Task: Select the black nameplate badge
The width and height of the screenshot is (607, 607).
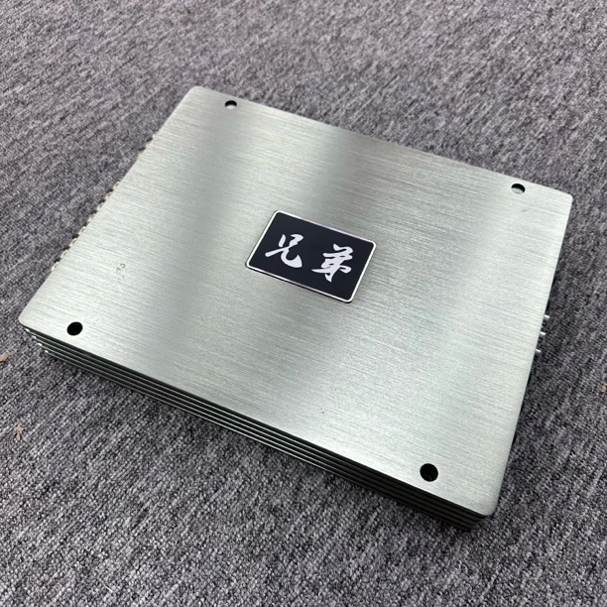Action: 310,256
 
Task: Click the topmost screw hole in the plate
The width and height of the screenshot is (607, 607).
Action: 231,104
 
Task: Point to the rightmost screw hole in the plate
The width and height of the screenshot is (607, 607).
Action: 518,188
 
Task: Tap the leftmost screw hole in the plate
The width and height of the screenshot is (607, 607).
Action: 74,328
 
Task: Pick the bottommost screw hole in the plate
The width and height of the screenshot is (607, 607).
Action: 428,472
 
